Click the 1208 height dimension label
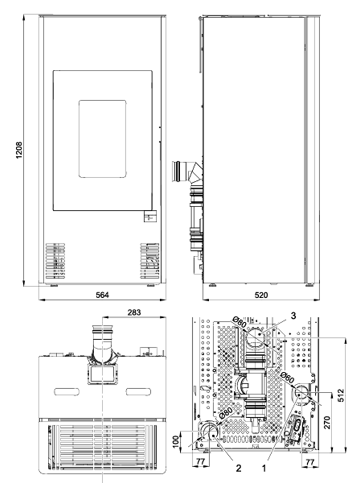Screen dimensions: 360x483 coord(19,150)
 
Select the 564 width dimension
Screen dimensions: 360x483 coord(102,295)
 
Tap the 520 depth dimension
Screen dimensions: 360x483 coord(261,295)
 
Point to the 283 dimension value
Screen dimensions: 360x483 coord(134,312)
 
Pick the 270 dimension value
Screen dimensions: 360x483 coord(327,422)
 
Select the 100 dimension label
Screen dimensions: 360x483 coord(176,442)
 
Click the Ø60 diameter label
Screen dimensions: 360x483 coord(287,378)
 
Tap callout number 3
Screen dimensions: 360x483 coord(293,316)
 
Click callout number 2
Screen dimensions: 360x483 coord(239,468)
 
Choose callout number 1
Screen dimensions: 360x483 coord(264,468)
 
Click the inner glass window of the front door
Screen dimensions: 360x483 coord(102,138)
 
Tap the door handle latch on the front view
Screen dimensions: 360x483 coord(150,216)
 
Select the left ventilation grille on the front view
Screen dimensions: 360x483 coord(56,261)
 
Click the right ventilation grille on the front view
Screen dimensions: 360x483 coord(150,261)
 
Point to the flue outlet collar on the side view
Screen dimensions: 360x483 coord(178,172)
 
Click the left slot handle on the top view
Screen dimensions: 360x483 coord(66,392)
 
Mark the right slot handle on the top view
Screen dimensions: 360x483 coord(138,392)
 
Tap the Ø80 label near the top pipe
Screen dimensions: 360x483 coord(240,322)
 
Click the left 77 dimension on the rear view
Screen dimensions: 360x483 coord(200,462)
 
